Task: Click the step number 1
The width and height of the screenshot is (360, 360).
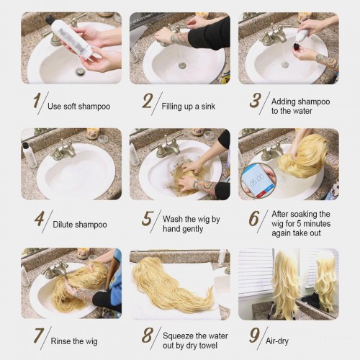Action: [37, 101]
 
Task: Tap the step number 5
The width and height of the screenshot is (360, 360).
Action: [147, 218]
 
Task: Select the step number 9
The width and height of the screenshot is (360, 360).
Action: [254, 336]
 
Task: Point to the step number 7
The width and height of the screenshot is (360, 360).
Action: [39, 336]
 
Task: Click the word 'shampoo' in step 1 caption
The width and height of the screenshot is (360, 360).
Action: [94, 107]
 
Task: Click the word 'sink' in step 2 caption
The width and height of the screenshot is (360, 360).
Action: [208, 107]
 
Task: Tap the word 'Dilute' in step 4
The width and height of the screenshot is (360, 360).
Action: [62, 225]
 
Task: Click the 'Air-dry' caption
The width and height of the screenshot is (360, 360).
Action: [277, 341]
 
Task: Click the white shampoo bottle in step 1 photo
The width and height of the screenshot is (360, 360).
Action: [71, 36]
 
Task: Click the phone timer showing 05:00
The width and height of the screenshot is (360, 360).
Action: [258, 179]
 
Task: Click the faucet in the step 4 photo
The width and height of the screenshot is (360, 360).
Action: [63, 150]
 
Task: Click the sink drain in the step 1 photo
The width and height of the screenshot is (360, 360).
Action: [79, 71]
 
